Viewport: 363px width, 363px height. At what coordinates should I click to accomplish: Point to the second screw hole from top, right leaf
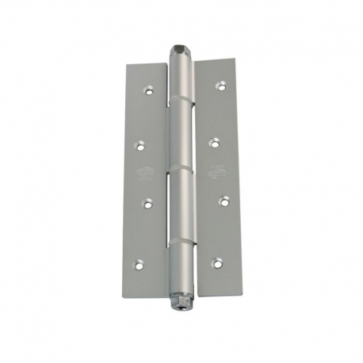(214, 143)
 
